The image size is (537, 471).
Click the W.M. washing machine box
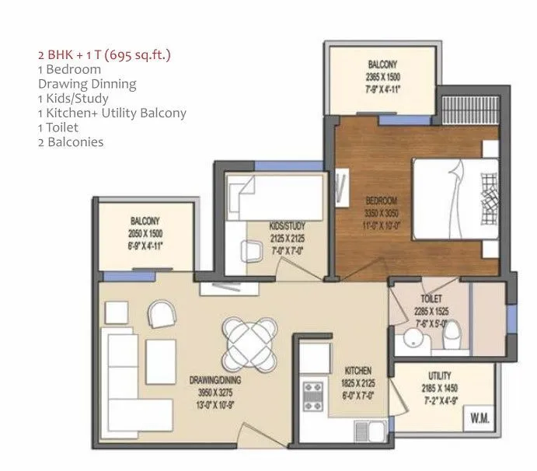point(479,418)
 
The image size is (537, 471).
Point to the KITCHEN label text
point(356,370)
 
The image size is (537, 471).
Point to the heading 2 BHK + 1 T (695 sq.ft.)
point(104,55)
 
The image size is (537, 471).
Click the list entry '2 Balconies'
point(71,142)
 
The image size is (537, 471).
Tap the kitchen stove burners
point(313,393)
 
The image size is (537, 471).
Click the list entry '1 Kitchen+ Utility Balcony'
point(112,113)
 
